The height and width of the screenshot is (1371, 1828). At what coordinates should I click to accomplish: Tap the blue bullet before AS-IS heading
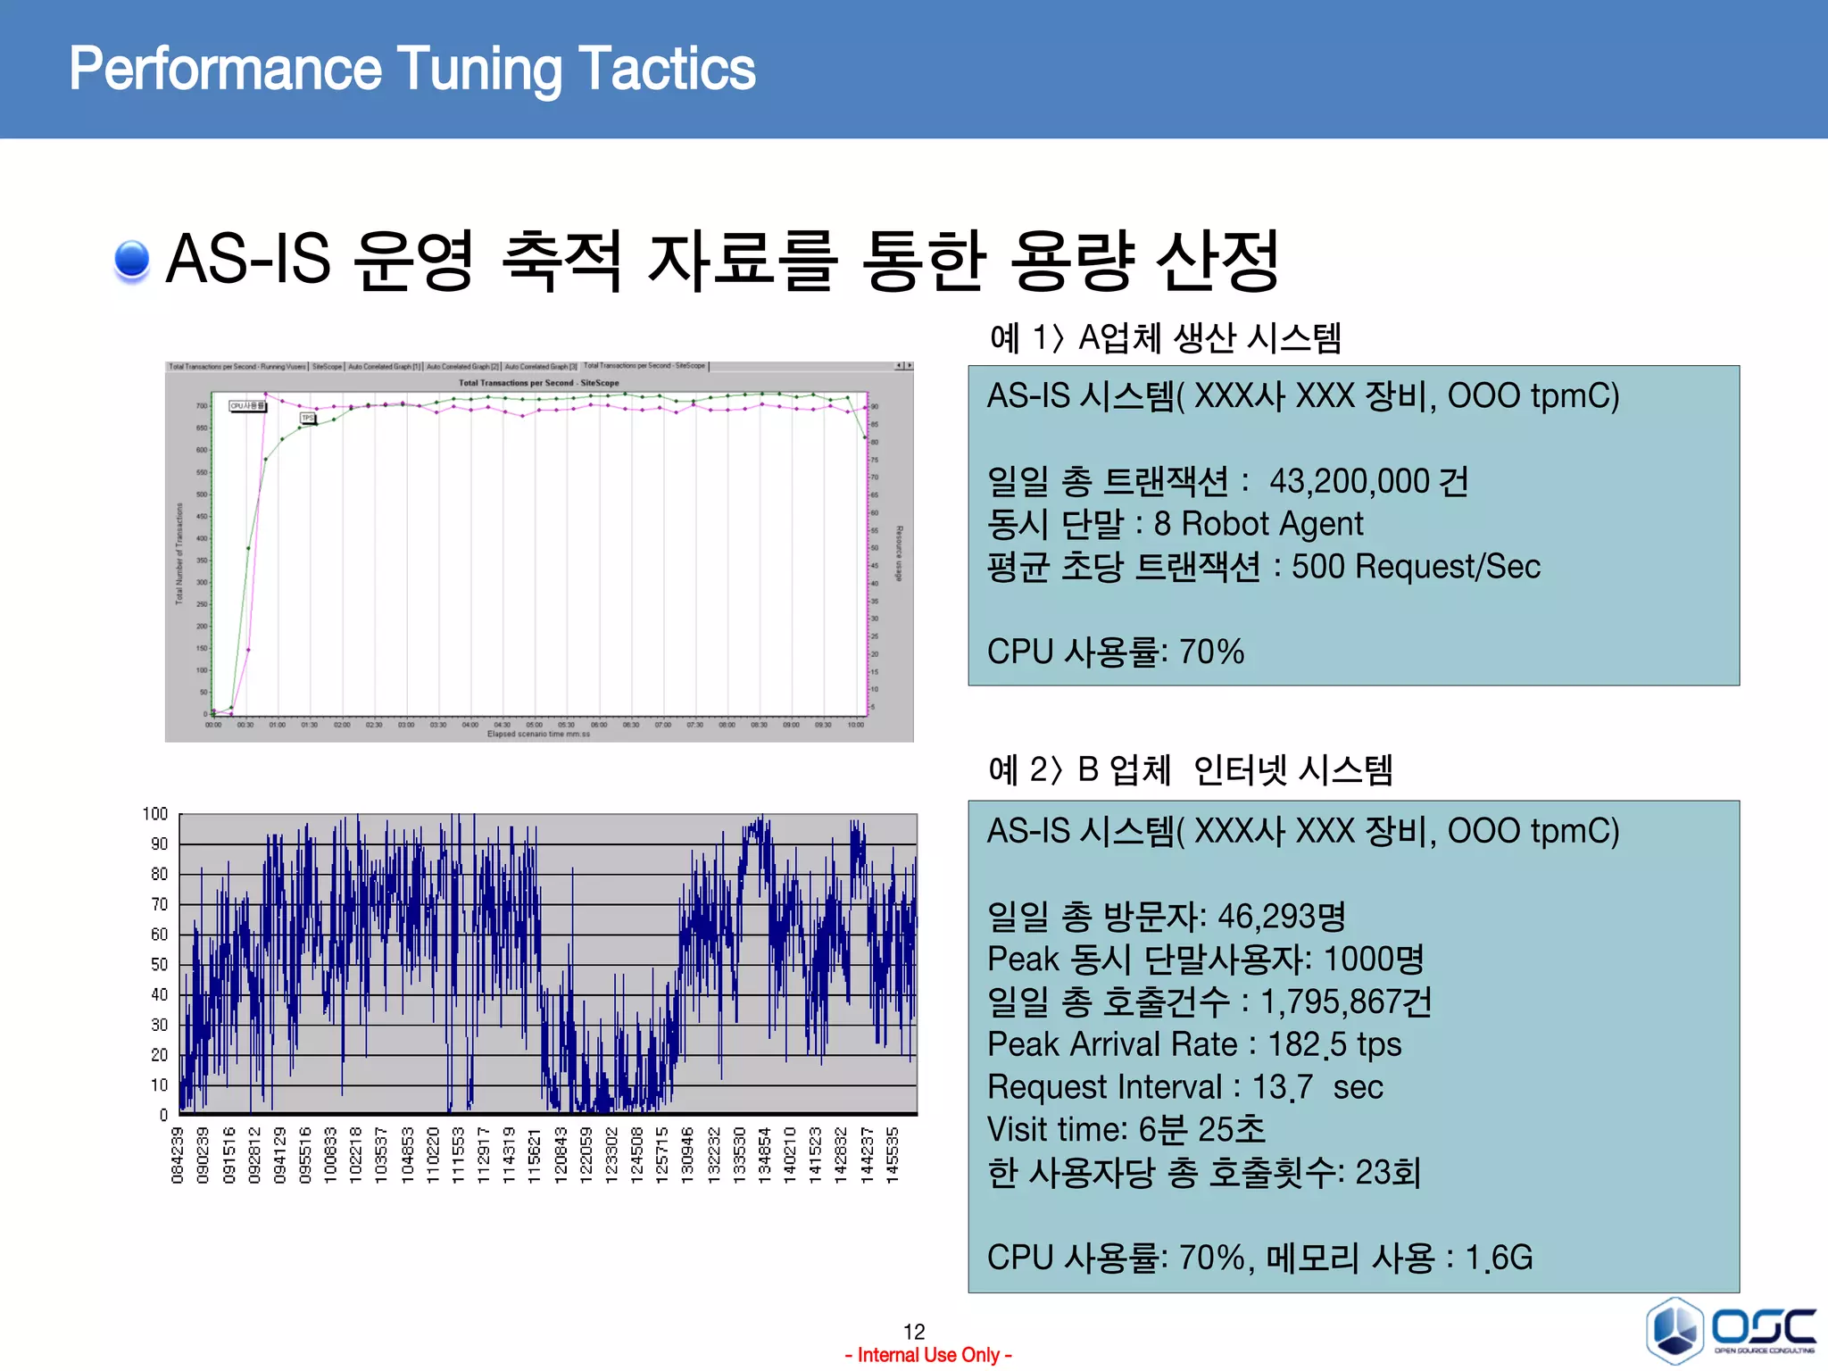pyautogui.click(x=132, y=260)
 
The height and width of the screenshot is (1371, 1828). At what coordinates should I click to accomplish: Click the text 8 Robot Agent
pyautogui.click(x=1258, y=524)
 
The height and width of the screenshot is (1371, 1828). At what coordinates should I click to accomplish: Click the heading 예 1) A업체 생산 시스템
pyautogui.click(x=1165, y=338)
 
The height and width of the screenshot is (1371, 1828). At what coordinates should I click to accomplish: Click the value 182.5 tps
pyautogui.click(x=1334, y=1044)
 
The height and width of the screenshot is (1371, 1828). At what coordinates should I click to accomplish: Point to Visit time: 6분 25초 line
pyautogui.click(x=1126, y=1130)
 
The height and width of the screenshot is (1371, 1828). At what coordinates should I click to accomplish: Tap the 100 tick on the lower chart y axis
pyautogui.click(x=155, y=814)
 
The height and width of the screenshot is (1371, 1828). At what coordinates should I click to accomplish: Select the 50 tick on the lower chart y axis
pyautogui.click(x=159, y=964)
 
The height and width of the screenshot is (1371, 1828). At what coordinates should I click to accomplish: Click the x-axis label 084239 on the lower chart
pyautogui.click(x=177, y=1155)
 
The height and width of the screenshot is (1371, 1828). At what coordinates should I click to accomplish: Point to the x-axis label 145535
pyautogui.click(x=892, y=1155)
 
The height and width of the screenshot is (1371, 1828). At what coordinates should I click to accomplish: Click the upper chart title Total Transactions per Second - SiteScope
pyautogui.click(x=538, y=383)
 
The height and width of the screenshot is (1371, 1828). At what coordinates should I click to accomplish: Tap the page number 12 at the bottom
pyautogui.click(x=914, y=1332)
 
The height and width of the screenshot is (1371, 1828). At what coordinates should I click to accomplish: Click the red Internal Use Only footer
pyautogui.click(x=928, y=1355)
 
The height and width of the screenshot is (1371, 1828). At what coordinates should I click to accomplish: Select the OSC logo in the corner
pyautogui.click(x=1732, y=1331)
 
